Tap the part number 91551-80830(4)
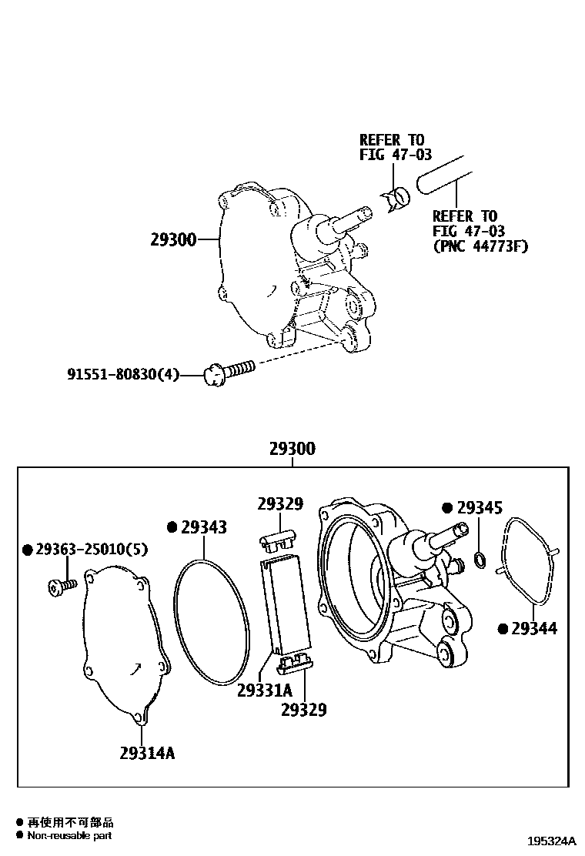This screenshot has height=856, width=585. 123,375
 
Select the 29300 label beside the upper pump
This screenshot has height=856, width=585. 173,240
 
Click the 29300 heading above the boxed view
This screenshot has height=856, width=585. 292,449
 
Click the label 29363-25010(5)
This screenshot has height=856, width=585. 85,550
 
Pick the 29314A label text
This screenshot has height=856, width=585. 147,752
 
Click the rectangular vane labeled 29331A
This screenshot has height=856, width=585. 287,600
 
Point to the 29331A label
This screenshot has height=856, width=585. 265,689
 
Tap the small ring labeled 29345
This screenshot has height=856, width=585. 480,557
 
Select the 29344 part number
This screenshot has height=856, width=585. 533,629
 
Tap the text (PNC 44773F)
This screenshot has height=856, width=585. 481,247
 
